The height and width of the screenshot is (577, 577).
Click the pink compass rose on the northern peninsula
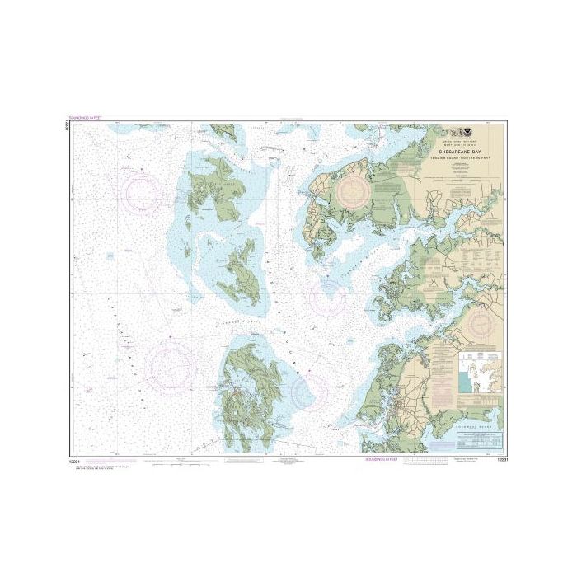coord(355,190)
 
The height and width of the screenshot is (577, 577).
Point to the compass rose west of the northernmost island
coord(143,192)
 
